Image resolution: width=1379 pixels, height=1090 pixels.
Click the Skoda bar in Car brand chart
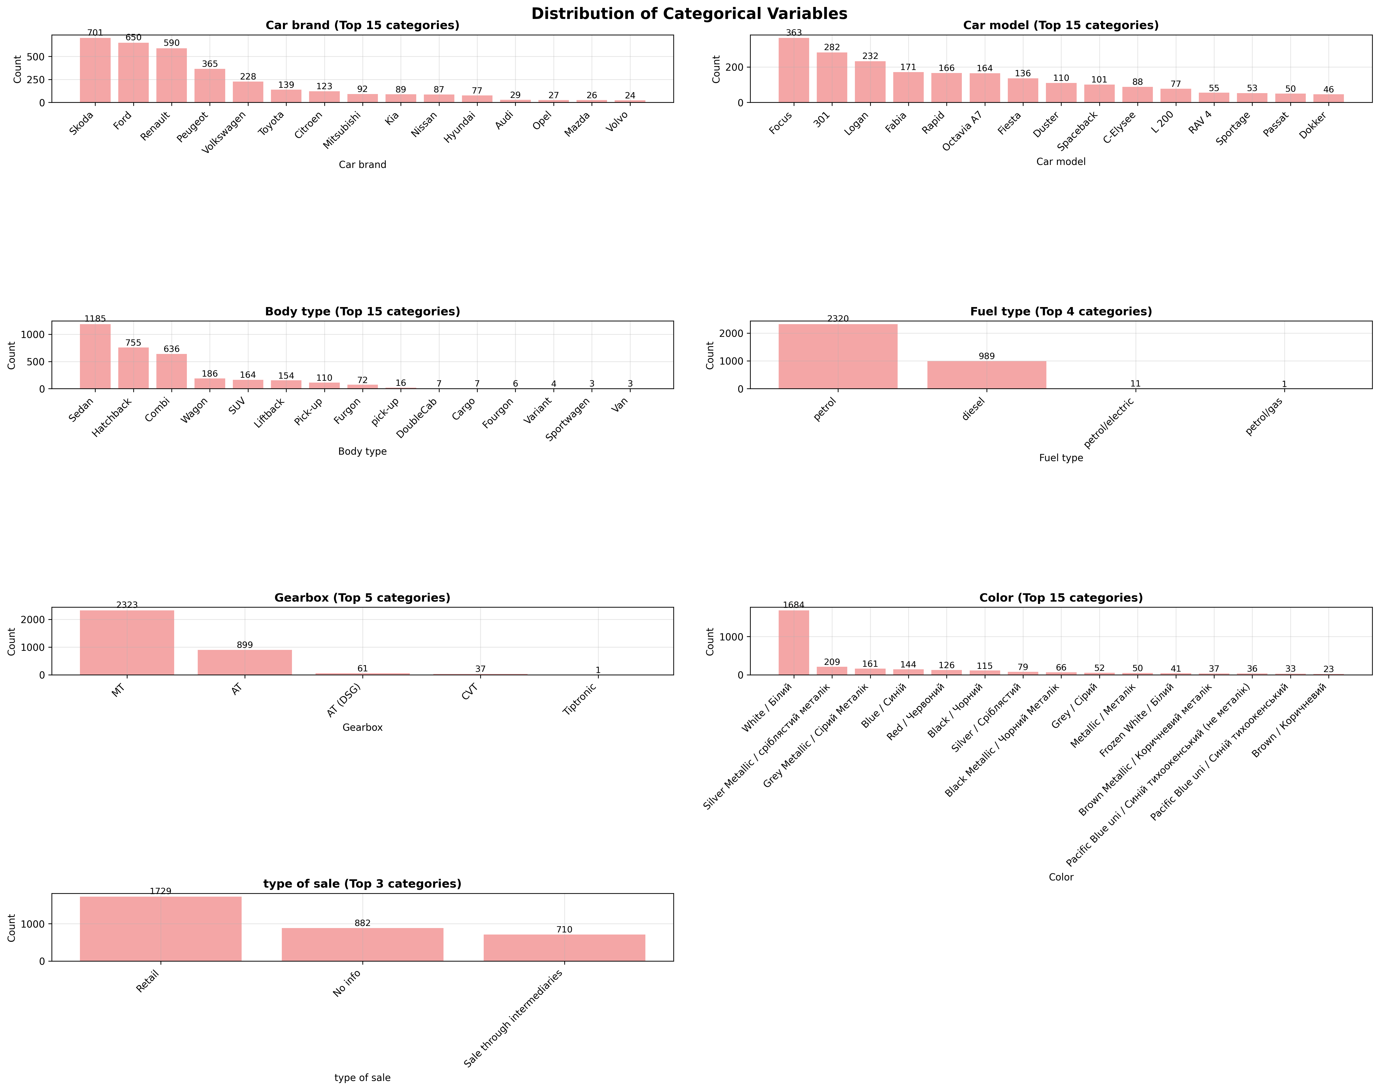95,70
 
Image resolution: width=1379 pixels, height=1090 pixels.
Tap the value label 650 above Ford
133,38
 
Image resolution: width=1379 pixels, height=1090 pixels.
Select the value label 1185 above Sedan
95,318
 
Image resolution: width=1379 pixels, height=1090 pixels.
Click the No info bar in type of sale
362,944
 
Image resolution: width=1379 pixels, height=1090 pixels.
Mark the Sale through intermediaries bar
564,948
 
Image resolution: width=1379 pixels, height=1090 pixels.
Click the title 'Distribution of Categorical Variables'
689,14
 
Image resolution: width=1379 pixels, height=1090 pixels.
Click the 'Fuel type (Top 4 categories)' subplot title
1060,311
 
